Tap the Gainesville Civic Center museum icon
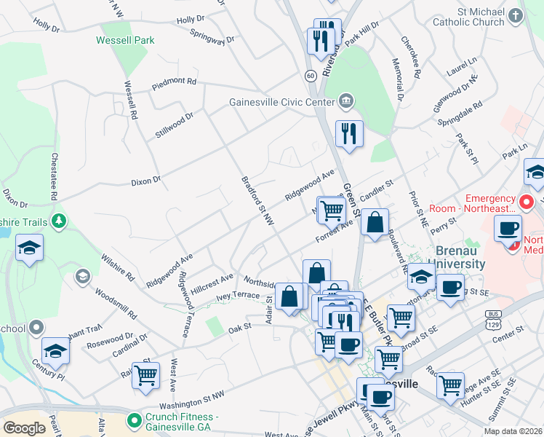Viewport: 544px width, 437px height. (x=346, y=101)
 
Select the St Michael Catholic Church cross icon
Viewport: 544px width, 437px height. (x=516, y=15)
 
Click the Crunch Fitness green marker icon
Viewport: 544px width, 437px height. (x=134, y=420)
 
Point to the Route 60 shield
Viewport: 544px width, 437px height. (x=310, y=76)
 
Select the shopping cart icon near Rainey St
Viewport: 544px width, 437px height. (x=146, y=374)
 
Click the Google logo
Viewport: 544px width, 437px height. (x=24, y=428)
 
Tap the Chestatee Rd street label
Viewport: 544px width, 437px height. (x=53, y=176)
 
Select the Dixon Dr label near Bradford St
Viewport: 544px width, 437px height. (x=145, y=181)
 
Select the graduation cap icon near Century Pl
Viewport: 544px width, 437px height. (x=55, y=352)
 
